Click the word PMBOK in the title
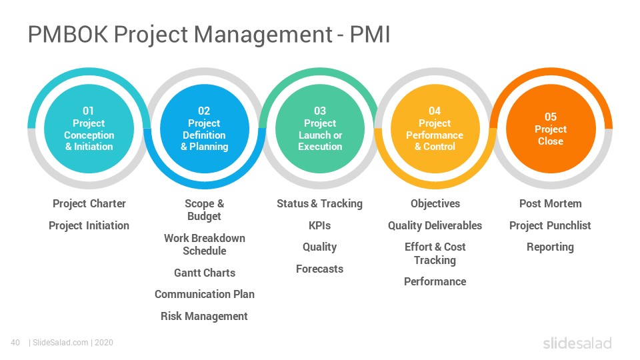coord(68,34)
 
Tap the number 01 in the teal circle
coord(88,111)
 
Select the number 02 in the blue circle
coord(204,111)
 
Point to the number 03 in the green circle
coord(320,111)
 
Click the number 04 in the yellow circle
coord(435,111)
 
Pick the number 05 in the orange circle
coord(551,117)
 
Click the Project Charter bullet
coord(89,203)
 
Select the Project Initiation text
coord(89,225)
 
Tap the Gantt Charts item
coord(205,273)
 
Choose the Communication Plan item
coord(205,294)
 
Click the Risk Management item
coord(204,316)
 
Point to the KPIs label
coord(319,225)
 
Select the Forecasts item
coord(319,269)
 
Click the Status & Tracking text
coord(319,203)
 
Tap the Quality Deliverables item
coord(435,225)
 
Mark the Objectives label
coord(435,203)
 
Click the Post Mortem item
coord(551,203)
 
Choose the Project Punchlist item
coord(550,225)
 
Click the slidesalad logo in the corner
coord(577,343)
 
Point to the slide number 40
coord(15,343)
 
